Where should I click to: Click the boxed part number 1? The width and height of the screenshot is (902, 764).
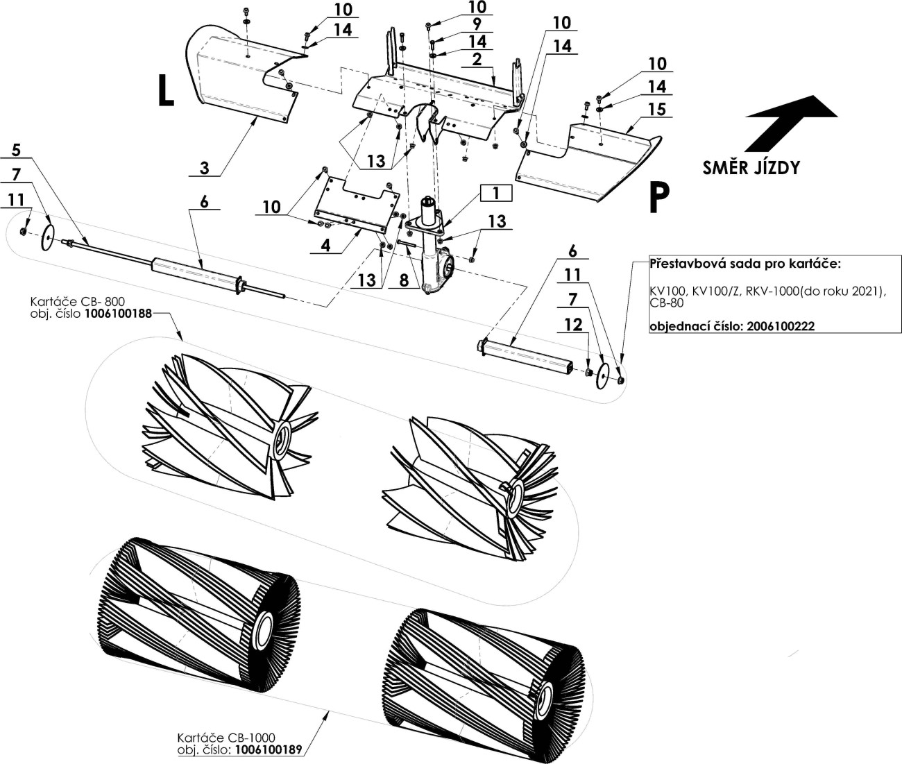coord(495,193)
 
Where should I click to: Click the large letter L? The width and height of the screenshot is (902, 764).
coord(165,91)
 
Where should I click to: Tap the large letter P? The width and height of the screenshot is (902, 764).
coord(658,198)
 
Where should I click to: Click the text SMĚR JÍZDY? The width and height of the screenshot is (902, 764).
coord(751,168)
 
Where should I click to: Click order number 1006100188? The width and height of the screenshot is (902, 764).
coord(118,314)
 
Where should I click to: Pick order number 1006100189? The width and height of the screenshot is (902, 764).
coord(269,750)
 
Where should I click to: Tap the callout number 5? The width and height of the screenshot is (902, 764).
coord(17,151)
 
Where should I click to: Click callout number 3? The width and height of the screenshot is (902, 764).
coord(204,167)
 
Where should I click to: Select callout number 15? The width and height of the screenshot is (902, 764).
coord(656,109)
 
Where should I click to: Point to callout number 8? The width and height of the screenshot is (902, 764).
coord(405,281)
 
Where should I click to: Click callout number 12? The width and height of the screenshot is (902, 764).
coord(573,325)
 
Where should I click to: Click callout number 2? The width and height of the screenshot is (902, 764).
coord(477,59)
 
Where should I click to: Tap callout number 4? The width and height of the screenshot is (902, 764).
coord(325,245)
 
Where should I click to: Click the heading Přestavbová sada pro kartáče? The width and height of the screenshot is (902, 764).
coord(744,264)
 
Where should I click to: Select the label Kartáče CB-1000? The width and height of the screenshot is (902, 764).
coord(226,738)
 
